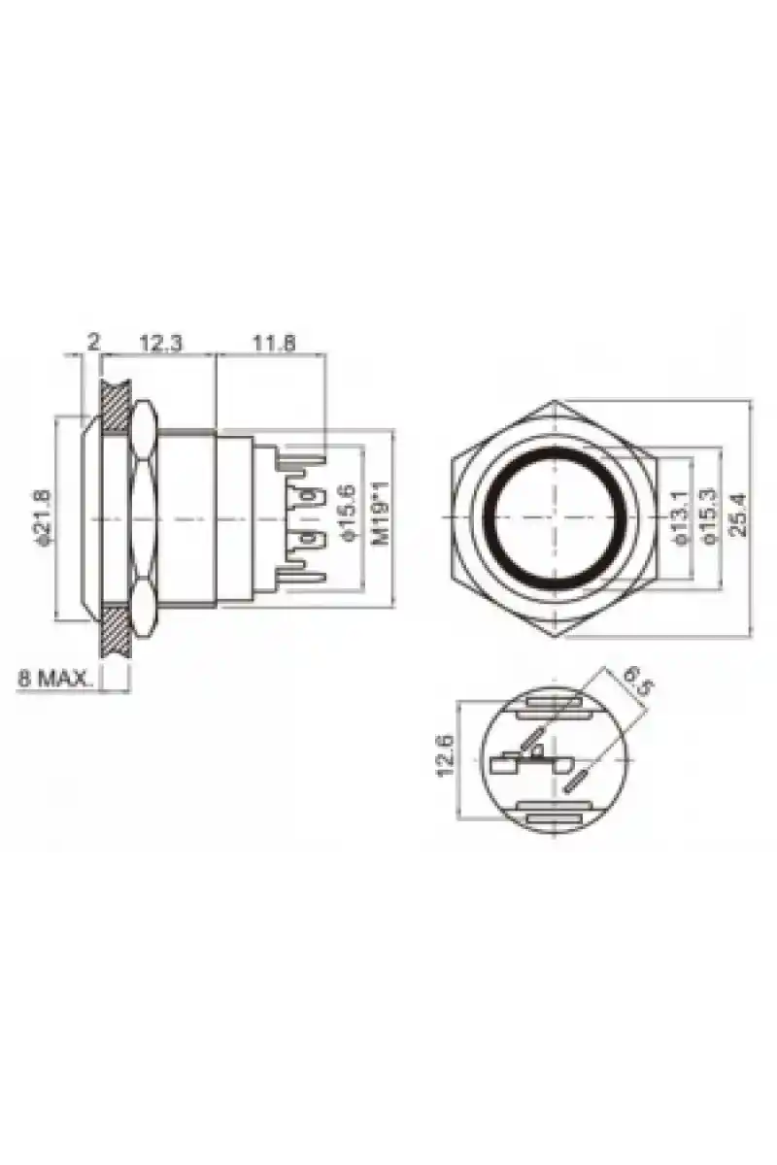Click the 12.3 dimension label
coord(161,344)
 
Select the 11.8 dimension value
coord(274,344)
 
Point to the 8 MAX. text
coord(54,679)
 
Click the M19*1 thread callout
coord(382,514)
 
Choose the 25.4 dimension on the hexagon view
coord(738,515)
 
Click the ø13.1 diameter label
coord(679,517)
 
